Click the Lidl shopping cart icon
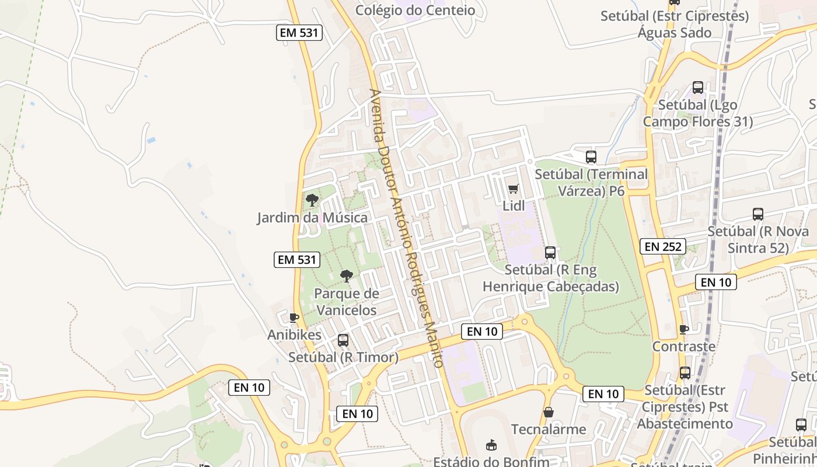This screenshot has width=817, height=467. coord(513,189)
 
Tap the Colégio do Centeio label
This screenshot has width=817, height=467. coord(415,10)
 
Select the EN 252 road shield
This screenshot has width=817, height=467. coord(663,246)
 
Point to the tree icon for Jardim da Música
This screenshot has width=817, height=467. coord(312,200)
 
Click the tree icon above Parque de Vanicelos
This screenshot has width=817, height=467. coord(347,276)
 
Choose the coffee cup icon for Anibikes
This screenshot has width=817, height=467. coord(294,318)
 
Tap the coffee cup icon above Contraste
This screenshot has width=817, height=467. coord(684,329)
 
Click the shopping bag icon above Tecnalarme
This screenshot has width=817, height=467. coord(549,412)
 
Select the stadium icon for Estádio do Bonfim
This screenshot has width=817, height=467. coord(491,445)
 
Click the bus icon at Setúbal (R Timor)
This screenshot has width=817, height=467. coord(343,340)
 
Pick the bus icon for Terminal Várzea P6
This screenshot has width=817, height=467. coord(591,156)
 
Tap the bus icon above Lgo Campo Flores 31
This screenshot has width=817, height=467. coord(698,88)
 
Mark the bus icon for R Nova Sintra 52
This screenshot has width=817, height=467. coord(758,214)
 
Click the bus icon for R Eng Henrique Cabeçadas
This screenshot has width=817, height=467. coord(550,252)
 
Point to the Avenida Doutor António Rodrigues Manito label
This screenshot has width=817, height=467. coord(406,228)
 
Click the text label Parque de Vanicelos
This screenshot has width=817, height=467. coord(346,302)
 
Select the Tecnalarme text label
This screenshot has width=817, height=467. coord(549,430)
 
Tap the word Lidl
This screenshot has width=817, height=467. coord(514,206)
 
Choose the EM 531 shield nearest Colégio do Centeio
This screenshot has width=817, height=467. coord(299,33)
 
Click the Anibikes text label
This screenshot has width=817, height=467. coord(294,335)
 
